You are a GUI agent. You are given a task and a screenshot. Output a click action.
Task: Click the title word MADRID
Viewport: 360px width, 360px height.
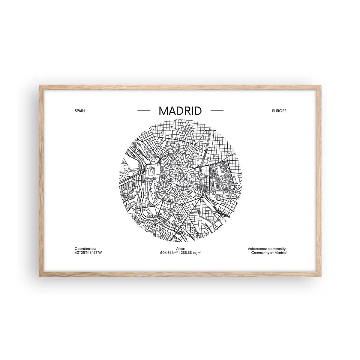tap(180, 111)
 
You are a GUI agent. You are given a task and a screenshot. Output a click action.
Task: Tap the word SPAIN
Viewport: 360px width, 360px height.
tap(80, 111)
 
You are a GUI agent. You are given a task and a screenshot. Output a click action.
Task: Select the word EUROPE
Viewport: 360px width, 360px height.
tap(279, 111)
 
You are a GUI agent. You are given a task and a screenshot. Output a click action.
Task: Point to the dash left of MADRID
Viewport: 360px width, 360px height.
tap(144, 111)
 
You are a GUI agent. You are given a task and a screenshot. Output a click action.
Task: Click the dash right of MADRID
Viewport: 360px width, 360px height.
tap(217, 111)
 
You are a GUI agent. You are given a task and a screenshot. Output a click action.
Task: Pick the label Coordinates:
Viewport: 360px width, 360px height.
tap(85, 249)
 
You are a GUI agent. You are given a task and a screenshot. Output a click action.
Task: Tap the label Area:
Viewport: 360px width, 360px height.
tap(180, 249)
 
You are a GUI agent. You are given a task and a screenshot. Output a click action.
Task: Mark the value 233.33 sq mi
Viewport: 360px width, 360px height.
tap(191, 253)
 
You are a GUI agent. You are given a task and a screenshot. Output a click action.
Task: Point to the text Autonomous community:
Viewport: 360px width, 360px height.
tap(267, 249)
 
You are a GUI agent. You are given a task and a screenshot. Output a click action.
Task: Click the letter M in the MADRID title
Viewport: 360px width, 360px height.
tap(163, 111)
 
